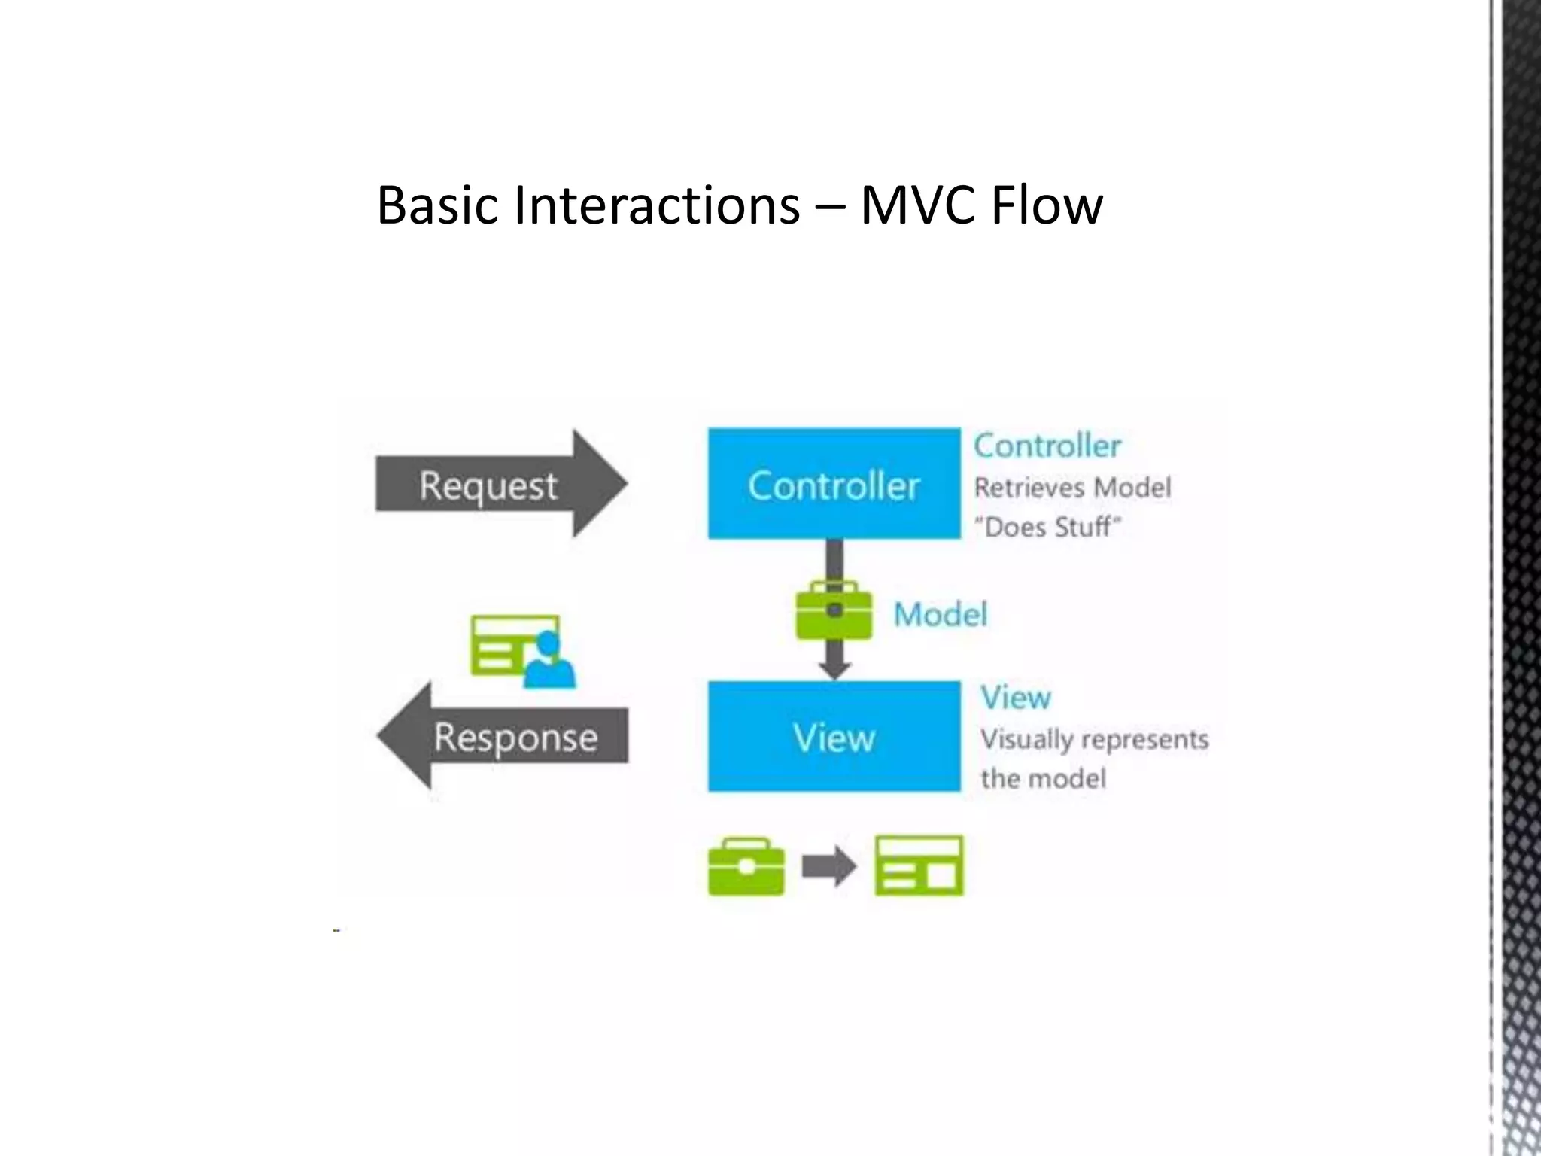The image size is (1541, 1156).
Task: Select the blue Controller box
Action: point(834,484)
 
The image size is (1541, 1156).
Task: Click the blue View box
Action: point(834,736)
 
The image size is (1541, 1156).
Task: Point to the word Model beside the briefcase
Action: point(940,615)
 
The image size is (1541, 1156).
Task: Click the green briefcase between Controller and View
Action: point(834,611)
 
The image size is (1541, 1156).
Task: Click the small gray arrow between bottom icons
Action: point(828,867)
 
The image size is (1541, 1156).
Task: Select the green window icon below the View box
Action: point(919,865)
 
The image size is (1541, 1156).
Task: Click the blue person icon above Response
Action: point(549,662)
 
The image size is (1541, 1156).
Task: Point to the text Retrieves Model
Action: point(1072,488)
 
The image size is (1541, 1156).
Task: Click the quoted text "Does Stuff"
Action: point(1047,527)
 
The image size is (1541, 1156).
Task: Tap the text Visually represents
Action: point(1094,739)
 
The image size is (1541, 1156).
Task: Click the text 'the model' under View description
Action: point(1043,778)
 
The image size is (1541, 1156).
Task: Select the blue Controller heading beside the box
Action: point(1047,446)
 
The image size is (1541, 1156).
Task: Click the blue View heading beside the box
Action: point(1015,698)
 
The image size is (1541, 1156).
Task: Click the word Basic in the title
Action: point(436,205)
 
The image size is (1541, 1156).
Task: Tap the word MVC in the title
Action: point(919,205)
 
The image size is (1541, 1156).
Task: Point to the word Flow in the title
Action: point(1047,205)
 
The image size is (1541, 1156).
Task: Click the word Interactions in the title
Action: point(656,205)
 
